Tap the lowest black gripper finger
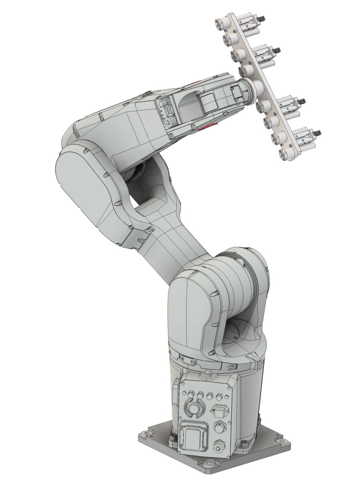point(318,131)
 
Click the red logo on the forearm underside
point(204,128)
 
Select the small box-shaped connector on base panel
point(219,412)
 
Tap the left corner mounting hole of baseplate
point(142,434)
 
